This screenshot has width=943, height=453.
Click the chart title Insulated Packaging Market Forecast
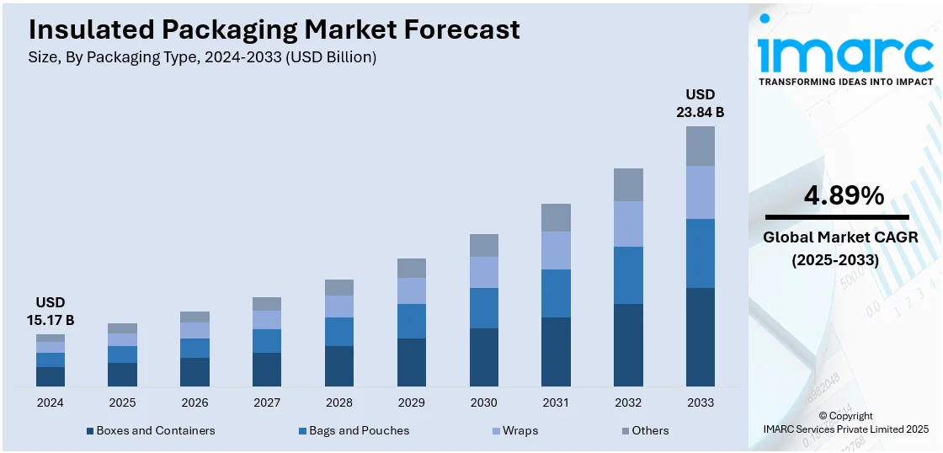click(274, 29)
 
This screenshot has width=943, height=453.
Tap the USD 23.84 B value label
click(700, 102)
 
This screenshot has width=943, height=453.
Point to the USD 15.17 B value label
click(50, 311)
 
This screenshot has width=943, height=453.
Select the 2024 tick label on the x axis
click(50, 402)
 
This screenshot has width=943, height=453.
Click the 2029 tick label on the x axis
click(411, 402)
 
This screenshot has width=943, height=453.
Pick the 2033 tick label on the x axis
click(700, 402)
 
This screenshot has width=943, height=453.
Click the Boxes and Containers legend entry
click(151, 430)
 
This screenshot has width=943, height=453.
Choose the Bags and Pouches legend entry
click(353, 430)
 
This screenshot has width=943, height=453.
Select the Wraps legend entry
click(514, 430)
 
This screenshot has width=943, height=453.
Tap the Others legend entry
click(644, 430)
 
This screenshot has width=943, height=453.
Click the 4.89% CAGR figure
click(844, 196)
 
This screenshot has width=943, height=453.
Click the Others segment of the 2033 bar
click(700, 146)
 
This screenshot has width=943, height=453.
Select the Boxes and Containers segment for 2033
click(700, 337)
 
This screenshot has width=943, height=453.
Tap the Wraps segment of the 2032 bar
click(628, 223)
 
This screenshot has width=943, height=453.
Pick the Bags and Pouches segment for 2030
click(483, 307)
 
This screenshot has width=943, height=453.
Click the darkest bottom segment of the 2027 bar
click(267, 370)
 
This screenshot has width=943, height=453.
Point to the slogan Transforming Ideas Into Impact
click(845, 82)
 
